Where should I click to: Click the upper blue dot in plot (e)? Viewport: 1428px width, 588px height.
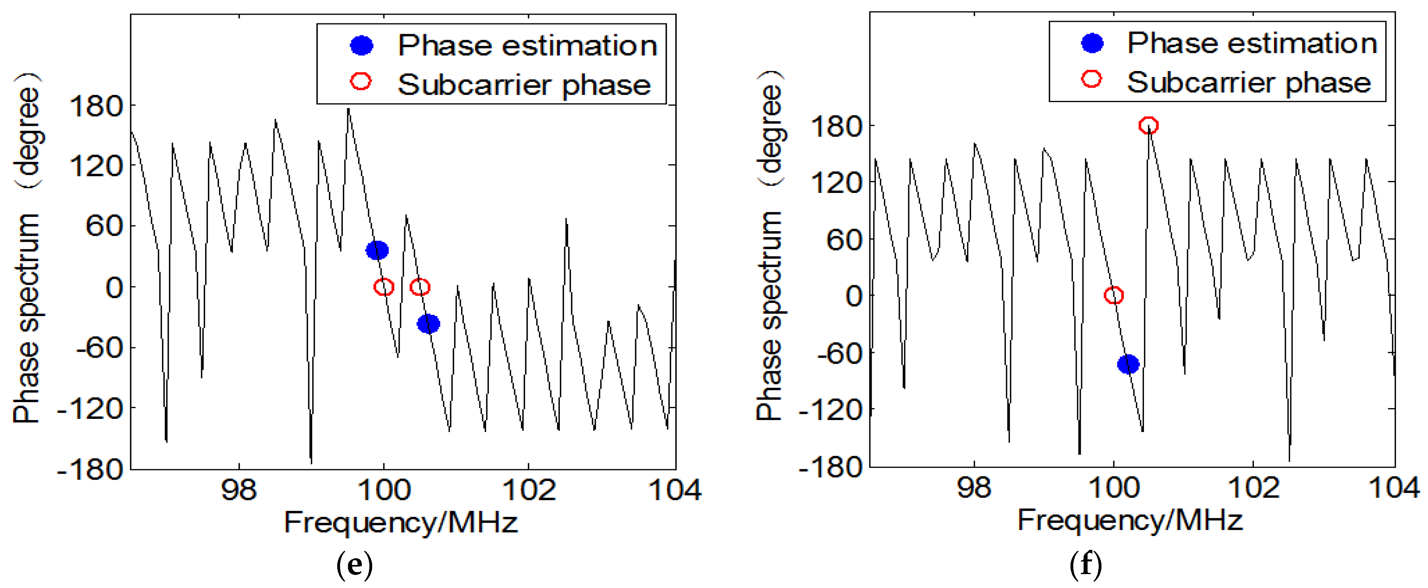pyautogui.click(x=377, y=250)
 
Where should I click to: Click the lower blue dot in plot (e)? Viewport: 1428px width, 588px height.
pyautogui.click(x=428, y=324)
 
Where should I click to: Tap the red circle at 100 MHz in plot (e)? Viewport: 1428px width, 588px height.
pyautogui.click(x=384, y=287)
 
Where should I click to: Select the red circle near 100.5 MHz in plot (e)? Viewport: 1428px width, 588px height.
pyautogui.click(x=420, y=287)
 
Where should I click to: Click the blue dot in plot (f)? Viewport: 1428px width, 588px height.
pyautogui.click(x=1128, y=364)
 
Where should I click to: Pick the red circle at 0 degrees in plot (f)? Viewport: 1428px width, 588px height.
pyautogui.click(x=1114, y=295)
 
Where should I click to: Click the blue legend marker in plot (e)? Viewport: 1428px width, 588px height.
pyautogui.click(x=361, y=45)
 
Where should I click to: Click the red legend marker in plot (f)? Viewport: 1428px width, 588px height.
pyautogui.click(x=1092, y=79)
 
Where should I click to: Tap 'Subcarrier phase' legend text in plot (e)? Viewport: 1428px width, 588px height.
pyautogui.click(x=524, y=85)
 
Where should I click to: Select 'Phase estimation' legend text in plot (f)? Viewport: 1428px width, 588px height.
pyautogui.click(x=1252, y=43)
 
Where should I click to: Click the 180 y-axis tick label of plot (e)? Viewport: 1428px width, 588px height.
pyautogui.click(x=95, y=105)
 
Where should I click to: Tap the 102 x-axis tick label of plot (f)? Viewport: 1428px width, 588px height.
pyautogui.click(x=1253, y=488)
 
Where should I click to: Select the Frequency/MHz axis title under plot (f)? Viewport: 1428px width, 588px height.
pyautogui.click(x=1130, y=521)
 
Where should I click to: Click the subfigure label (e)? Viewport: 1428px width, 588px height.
pyautogui.click(x=354, y=565)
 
